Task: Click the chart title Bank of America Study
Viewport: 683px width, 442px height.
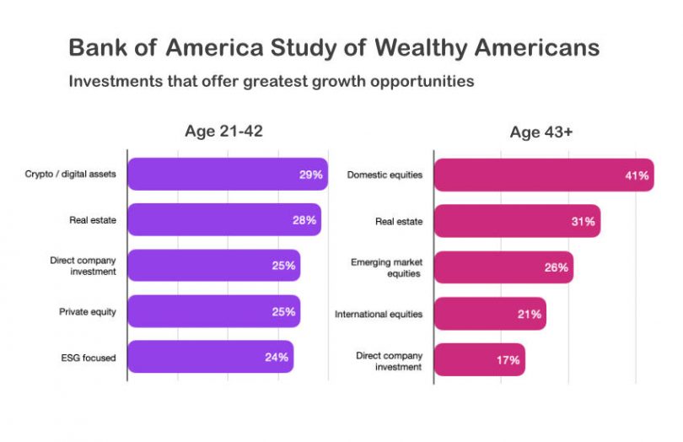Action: pos(334,47)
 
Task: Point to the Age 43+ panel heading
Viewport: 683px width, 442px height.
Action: pos(541,132)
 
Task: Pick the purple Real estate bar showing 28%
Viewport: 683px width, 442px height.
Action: pos(224,220)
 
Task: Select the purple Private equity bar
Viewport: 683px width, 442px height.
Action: pos(214,311)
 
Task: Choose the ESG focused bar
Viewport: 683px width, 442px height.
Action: pos(211,357)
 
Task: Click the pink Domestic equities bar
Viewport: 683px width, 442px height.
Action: pos(544,175)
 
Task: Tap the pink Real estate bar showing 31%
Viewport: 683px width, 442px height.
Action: pos(517,221)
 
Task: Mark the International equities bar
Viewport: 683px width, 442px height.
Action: pos(490,314)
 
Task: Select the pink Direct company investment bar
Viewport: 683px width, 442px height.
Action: pos(479,359)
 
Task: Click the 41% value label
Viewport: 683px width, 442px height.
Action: pos(637,175)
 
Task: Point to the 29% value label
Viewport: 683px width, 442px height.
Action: pos(310,175)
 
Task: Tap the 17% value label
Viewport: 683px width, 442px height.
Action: pos(508,360)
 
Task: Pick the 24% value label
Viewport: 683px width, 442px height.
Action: pos(277,357)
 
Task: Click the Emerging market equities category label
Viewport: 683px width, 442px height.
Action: pos(386,267)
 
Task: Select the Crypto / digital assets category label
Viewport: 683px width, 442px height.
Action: pos(70,175)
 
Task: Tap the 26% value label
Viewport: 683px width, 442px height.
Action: pos(556,267)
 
